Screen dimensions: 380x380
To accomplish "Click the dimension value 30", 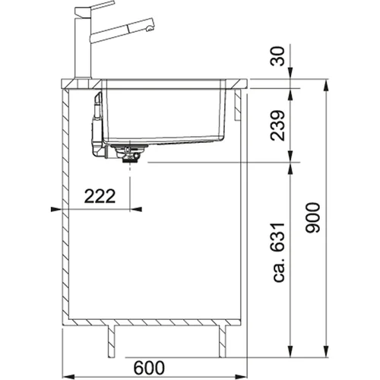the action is pos(277,56).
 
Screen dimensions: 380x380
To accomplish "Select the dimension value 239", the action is pos(277,125).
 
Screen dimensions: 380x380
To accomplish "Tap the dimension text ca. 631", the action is pos(279,252).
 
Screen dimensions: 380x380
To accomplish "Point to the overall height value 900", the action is pos(313,217).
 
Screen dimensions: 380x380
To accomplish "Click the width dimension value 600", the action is pos(149,368).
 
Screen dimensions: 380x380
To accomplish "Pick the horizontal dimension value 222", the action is pos(100,196).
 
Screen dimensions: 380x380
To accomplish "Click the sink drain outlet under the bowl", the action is pos(130,154).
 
